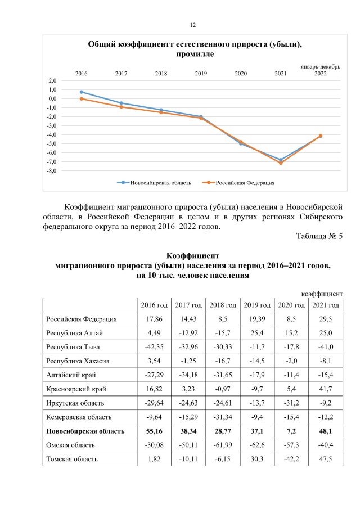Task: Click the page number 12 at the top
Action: [x=192, y=25]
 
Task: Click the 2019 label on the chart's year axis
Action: [x=201, y=74]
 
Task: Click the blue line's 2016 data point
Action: [x=82, y=92]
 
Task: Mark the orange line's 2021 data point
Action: [x=281, y=163]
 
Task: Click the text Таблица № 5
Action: [x=319, y=236]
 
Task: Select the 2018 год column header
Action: [x=223, y=305]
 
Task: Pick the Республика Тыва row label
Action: [x=74, y=347]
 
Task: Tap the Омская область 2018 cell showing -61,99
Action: [x=223, y=445]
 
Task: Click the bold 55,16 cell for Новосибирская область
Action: [x=154, y=431]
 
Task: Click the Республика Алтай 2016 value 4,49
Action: [x=154, y=333]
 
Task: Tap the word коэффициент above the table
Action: [x=322, y=294]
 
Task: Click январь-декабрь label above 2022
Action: [x=319, y=66]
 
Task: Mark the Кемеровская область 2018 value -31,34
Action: [x=223, y=417]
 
